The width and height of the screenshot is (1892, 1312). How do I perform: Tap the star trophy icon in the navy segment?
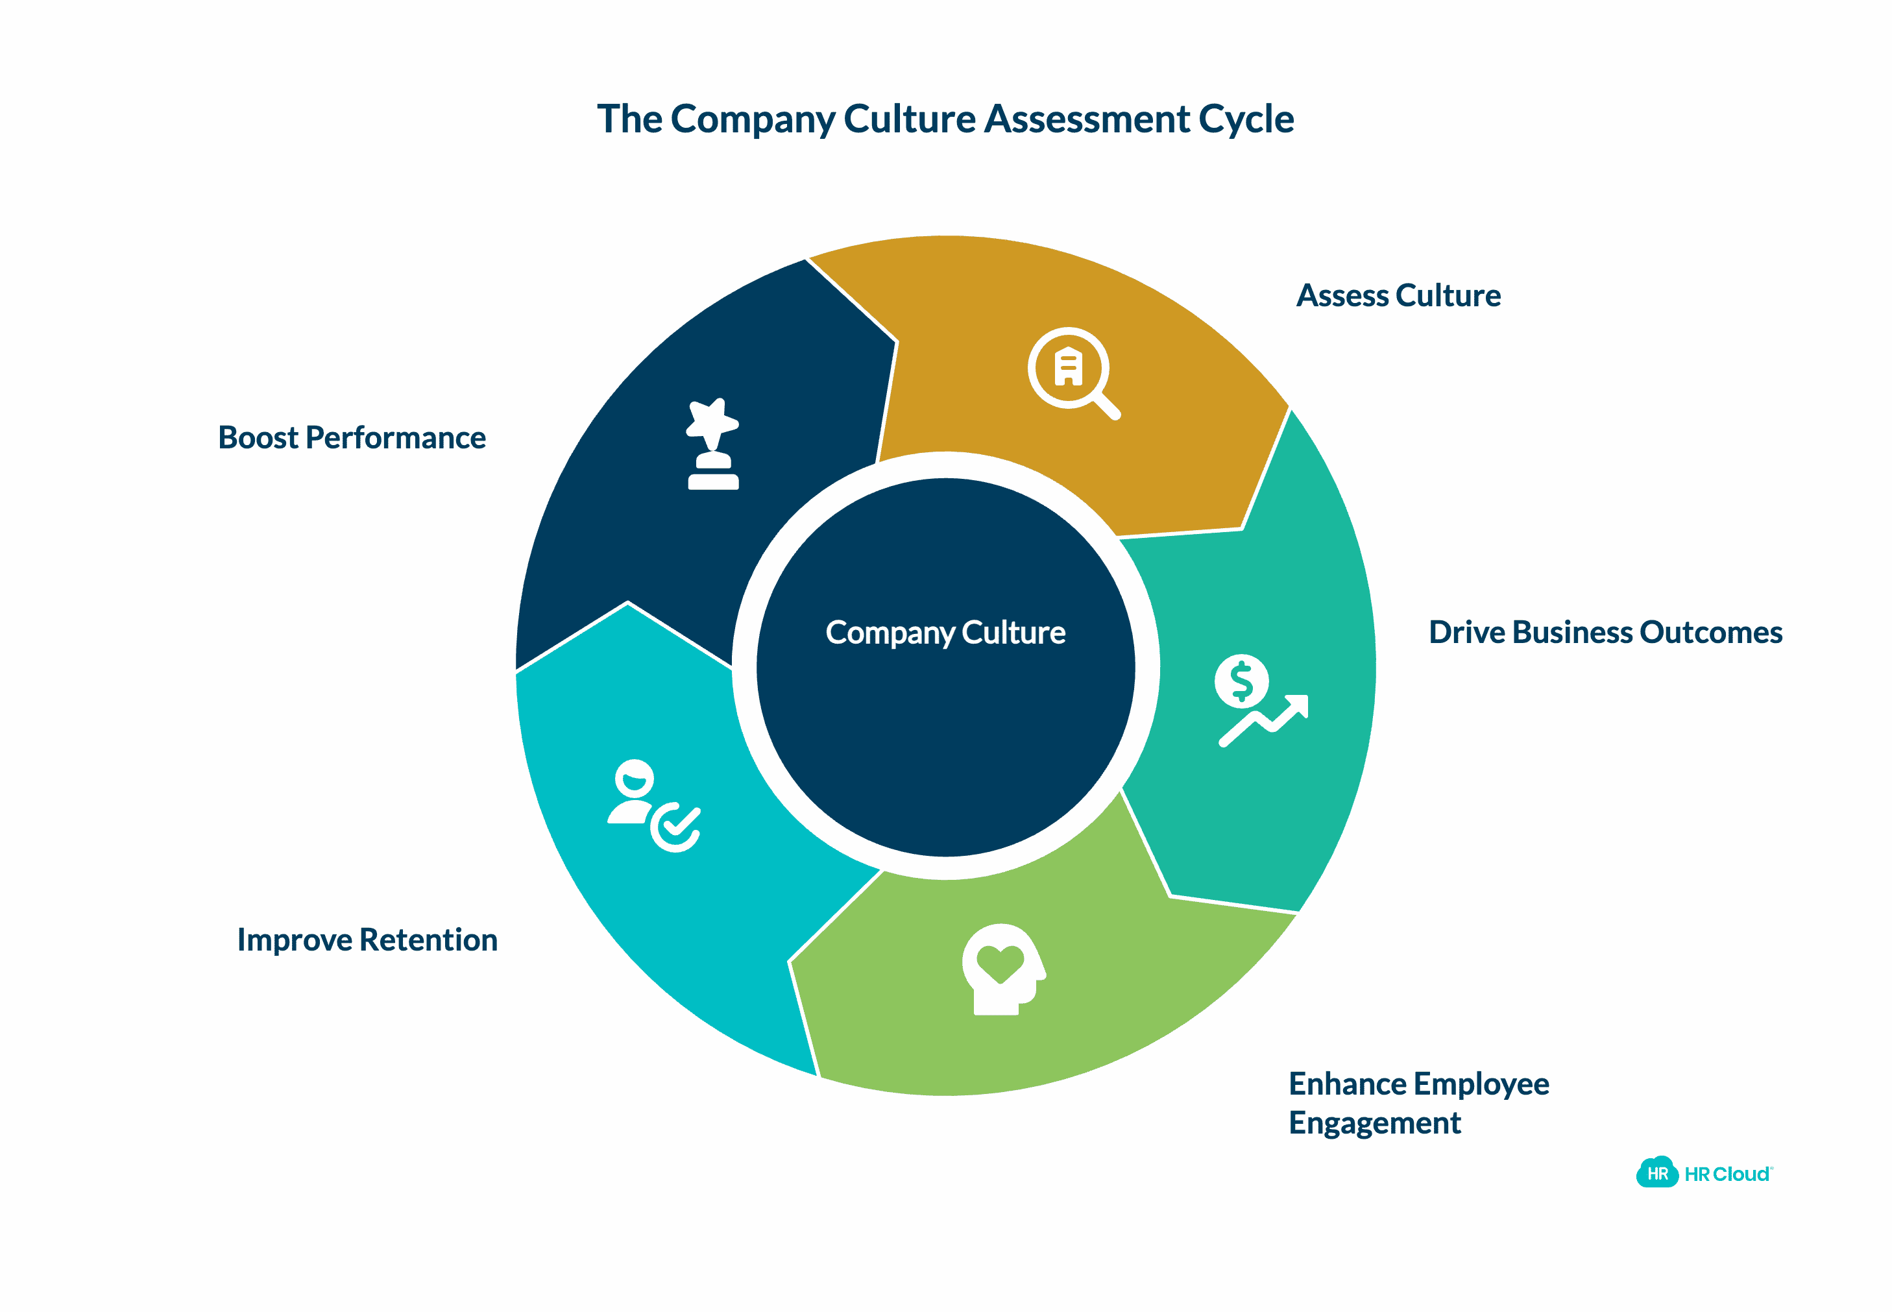tap(712, 444)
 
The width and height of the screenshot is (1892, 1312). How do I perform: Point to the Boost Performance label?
tap(352, 437)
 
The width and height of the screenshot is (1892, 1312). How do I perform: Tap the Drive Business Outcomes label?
tap(1605, 632)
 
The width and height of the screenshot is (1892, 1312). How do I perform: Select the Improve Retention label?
tap(367, 940)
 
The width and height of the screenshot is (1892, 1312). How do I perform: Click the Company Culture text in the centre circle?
tap(945, 632)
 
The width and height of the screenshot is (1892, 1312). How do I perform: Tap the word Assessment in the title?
tap(1087, 119)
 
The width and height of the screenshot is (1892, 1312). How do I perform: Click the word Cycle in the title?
tap(1246, 119)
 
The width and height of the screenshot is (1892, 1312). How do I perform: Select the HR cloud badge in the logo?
tap(1657, 1173)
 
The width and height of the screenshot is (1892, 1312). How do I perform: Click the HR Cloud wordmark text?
tap(1727, 1174)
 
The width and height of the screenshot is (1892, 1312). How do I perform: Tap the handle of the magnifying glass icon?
tap(1107, 406)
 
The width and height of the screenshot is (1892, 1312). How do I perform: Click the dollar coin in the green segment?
tap(1241, 681)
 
